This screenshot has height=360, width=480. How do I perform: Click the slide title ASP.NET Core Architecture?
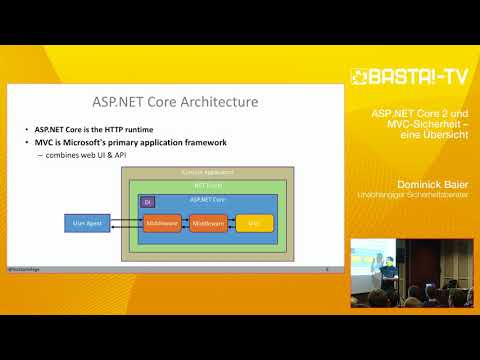(x=175, y=103)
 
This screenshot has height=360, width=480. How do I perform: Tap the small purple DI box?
(x=149, y=202)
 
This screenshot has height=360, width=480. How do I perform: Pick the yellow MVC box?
(x=253, y=223)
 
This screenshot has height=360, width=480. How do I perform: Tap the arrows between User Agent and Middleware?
(x=125, y=223)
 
